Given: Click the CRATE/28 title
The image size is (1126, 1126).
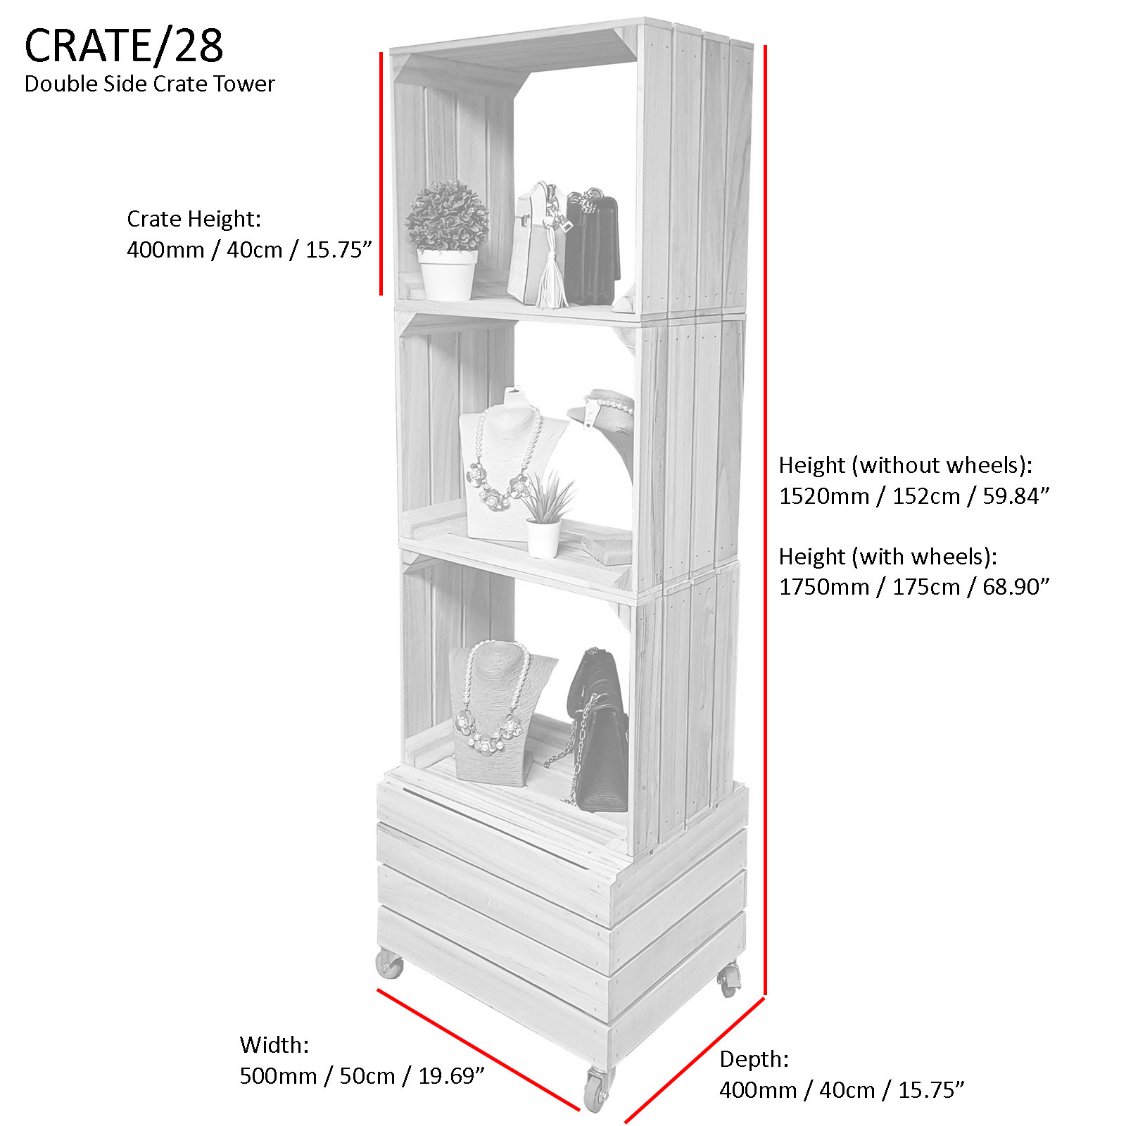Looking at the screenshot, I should pos(124,46).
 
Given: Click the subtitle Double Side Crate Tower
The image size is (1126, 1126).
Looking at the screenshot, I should pos(149,84).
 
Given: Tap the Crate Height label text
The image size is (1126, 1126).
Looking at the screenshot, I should pos(194,219).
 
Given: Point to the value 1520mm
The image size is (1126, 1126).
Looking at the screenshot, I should pos(823,496).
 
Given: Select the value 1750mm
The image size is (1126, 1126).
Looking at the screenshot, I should pos(823,587).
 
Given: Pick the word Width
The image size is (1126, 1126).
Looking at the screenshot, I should pos(274,1045).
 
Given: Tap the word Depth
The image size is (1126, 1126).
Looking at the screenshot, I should pos(754,1059).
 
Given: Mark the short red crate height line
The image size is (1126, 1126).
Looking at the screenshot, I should pos(381,172).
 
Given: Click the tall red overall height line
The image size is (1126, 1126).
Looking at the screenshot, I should pos(765,521).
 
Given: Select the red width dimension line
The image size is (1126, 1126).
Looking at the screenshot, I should pos(479,1049).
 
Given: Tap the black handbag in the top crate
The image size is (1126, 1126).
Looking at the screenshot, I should pos(593,246).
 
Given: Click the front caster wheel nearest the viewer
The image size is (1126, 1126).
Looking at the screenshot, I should pos(597,1090).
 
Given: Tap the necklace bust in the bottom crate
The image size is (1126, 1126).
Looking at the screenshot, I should pos(493,711).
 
